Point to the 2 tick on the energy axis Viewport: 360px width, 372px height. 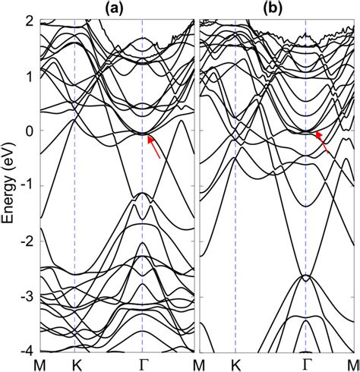(x=29, y=20)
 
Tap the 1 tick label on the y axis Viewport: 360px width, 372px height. (x=29, y=76)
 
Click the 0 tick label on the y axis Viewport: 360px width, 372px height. (x=29, y=131)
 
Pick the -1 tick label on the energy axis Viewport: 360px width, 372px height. (x=27, y=186)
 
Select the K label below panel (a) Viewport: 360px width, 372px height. (x=74, y=364)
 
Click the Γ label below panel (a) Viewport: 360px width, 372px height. (x=143, y=364)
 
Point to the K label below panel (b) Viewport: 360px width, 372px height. (x=236, y=364)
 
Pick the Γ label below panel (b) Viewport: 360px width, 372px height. (x=306, y=364)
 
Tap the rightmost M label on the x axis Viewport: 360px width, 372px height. (x=352, y=364)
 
